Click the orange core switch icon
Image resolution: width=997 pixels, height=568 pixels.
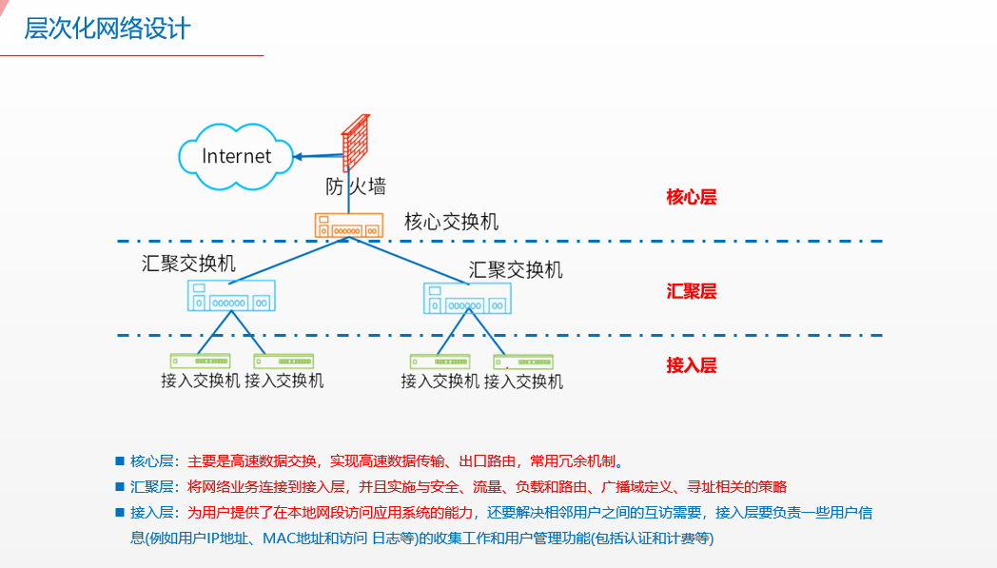coord(349,225)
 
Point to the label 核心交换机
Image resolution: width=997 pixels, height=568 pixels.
coord(451,222)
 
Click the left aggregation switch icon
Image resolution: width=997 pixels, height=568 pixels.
coord(230,297)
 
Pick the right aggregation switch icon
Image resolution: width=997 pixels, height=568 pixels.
coord(466,298)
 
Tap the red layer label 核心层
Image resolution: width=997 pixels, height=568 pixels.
coord(691,198)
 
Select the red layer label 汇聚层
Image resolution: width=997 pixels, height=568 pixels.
coord(691,291)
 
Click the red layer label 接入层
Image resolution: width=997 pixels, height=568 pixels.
coord(691,365)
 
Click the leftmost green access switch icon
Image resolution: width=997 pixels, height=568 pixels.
coord(200,361)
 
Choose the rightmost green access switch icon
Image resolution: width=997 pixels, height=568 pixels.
coord(523,362)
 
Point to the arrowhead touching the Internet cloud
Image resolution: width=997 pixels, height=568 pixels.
coord(298,156)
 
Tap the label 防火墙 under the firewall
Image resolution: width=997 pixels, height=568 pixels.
coord(356,186)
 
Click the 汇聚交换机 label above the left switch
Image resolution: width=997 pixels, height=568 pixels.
coord(188,264)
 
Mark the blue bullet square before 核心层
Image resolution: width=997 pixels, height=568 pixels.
coord(120,461)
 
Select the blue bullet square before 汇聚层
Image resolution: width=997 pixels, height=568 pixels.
coord(120,486)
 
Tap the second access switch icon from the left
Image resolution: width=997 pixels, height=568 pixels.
coord(283,361)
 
